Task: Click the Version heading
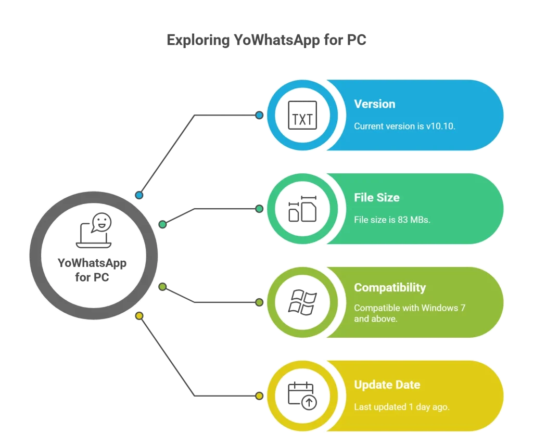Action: coord(374,104)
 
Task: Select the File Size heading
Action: coord(376,198)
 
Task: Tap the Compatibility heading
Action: coord(389,288)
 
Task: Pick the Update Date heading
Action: coord(387,385)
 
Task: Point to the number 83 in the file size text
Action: coord(402,220)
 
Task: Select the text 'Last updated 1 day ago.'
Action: coord(401,407)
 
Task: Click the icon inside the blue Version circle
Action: coord(302,115)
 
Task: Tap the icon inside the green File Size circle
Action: coord(302,209)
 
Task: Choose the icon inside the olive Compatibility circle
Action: coord(302,302)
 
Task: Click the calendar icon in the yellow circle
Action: coord(302,396)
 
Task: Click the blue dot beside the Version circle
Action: coord(259,115)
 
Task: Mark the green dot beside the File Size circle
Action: coord(259,209)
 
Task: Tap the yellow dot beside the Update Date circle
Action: coord(259,396)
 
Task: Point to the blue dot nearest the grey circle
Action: coord(139,195)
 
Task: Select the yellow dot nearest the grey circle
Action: coord(139,316)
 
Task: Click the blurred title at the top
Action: coord(266,39)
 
